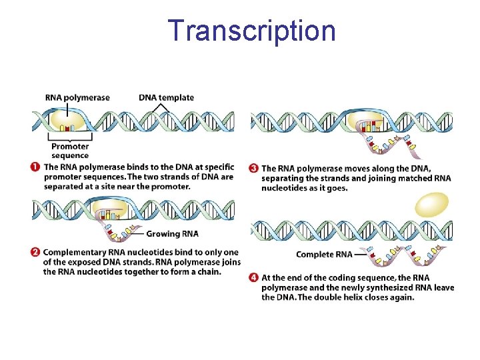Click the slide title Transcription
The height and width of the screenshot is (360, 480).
pyautogui.click(x=251, y=31)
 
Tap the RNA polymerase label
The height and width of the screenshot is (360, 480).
pyautogui.click(x=77, y=97)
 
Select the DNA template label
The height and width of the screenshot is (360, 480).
pyautogui.click(x=167, y=97)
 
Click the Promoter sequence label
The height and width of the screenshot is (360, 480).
pyautogui.click(x=70, y=151)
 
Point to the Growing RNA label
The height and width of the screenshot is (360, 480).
pyautogui.click(x=172, y=234)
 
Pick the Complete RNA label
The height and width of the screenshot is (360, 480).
pyautogui.click(x=324, y=255)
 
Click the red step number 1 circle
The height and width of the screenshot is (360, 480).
pyautogui.click(x=35, y=167)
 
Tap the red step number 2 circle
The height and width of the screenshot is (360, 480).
pyautogui.click(x=35, y=252)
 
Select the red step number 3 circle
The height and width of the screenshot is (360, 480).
pyautogui.click(x=254, y=169)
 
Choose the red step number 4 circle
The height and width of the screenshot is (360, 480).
pyautogui.click(x=254, y=277)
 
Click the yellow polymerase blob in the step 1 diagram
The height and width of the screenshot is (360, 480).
pyautogui.click(x=64, y=121)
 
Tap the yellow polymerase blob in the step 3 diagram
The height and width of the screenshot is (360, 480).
pyautogui.click(x=369, y=121)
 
